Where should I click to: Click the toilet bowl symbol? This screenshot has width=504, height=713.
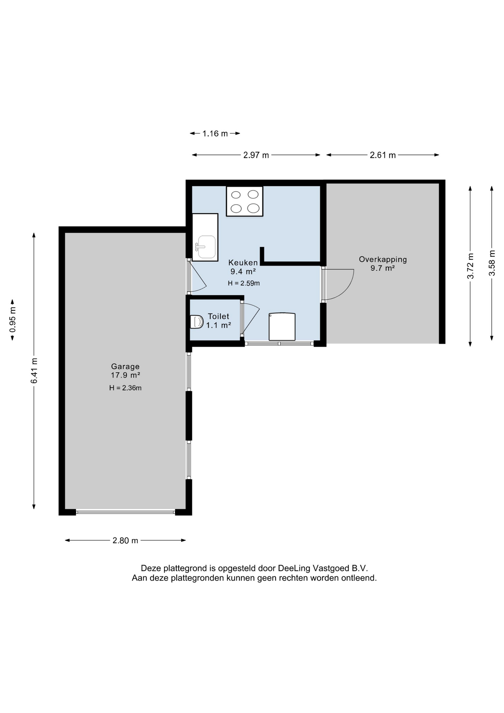click(196, 322)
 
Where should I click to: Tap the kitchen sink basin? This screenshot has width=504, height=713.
click(206, 247)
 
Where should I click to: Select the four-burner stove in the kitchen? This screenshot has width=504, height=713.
click(245, 201)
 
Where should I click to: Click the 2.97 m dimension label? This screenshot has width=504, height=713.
click(256, 155)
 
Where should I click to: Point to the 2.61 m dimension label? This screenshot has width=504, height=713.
click(383, 155)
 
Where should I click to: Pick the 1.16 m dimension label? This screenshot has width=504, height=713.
click(215, 134)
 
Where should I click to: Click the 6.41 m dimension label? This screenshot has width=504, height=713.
click(34, 371)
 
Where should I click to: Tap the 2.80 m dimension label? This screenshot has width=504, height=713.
click(125, 541)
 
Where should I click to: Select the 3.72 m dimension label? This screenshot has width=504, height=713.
click(471, 266)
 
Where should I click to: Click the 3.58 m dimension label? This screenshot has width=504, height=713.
click(492, 263)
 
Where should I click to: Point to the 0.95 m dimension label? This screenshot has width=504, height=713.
click(13, 319)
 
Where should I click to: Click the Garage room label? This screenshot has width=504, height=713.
click(125, 367)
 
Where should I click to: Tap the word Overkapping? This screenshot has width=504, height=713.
click(383, 260)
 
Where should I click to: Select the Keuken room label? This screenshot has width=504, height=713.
click(243, 263)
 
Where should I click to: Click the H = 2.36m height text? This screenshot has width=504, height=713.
click(125, 388)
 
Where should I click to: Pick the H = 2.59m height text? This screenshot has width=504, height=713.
click(244, 283)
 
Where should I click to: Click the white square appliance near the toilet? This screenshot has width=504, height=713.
click(282, 327)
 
